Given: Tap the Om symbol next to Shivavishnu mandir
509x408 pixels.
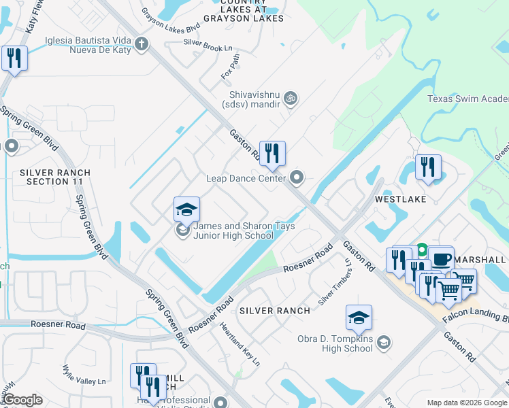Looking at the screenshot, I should pyautogui.click(x=291, y=99).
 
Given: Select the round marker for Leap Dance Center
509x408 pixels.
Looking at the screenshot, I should pyautogui.click(x=296, y=178).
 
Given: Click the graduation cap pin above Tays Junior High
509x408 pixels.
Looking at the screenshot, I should pyautogui.click(x=186, y=210).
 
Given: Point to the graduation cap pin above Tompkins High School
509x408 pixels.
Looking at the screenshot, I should pyautogui.click(x=359, y=318).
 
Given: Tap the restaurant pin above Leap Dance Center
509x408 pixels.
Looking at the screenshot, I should pyautogui.click(x=272, y=154).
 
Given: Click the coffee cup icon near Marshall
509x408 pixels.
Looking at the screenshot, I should pyautogui.click(x=441, y=259).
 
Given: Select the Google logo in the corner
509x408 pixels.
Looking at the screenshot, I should pyautogui.click(x=22, y=400).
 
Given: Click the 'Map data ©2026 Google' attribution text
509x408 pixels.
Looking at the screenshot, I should pyautogui.click(x=467, y=403).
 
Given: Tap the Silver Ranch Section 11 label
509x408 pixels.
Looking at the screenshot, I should pyautogui.click(x=54, y=177).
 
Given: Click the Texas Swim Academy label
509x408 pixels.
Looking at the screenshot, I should pyautogui.click(x=467, y=99).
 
